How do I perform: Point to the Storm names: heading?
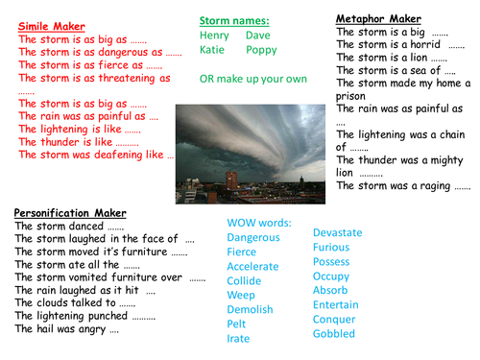point(233,20)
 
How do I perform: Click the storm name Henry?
point(216,36)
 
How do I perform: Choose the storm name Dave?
point(258,36)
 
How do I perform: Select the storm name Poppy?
point(261,50)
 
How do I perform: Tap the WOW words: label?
point(259,223)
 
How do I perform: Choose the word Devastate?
point(338,233)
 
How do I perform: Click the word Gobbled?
point(334,334)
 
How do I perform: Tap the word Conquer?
point(334,320)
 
